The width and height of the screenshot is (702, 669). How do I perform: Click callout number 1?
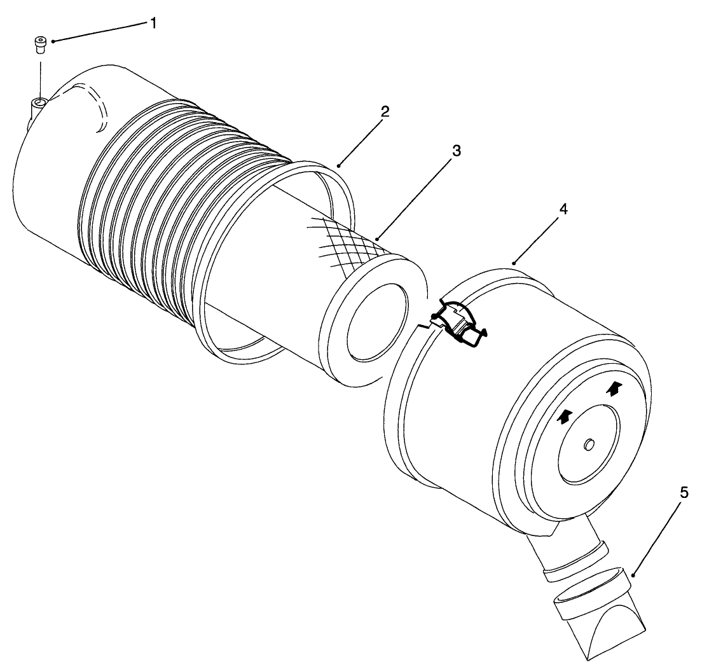[153, 23]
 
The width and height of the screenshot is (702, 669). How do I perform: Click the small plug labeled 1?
[41, 45]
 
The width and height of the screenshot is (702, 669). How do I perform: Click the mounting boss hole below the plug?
[41, 102]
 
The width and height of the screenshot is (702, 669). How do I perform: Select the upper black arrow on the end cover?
[614, 388]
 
